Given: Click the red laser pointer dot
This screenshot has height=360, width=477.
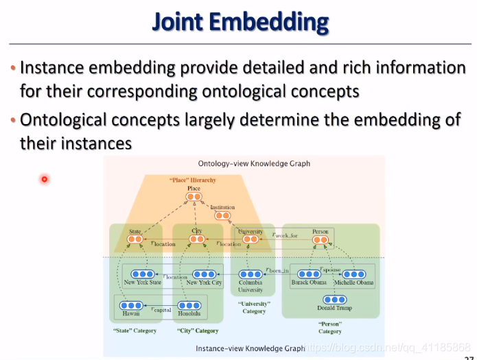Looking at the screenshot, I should (x=44, y=179).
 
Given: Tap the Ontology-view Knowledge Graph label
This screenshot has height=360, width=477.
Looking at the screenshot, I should (x=254, y=164).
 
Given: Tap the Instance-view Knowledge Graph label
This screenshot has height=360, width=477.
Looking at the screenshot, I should (x=251, y=348).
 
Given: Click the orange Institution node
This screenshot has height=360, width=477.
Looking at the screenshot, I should (x=222, y=215).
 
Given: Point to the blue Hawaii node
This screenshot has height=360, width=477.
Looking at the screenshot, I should (x=130, y=305).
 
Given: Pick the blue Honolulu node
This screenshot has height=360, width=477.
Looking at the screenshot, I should (x=187, y=305).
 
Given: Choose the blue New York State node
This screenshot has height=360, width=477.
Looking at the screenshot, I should (x=142, y=274).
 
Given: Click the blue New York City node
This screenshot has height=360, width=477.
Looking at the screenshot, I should (x=204, y=274).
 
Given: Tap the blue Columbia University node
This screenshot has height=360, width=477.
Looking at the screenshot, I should (x=251, y=274).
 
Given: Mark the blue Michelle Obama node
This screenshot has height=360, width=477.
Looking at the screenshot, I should (x=353, y=274).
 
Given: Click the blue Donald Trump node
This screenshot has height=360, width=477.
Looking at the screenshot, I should (x=334, y=299).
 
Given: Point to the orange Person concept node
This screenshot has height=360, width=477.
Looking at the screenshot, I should (x=321, y=240).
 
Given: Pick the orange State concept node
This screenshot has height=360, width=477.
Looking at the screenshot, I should (x=135, y=240).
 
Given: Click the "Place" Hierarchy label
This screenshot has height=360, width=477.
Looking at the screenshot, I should (x=194, y=180).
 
